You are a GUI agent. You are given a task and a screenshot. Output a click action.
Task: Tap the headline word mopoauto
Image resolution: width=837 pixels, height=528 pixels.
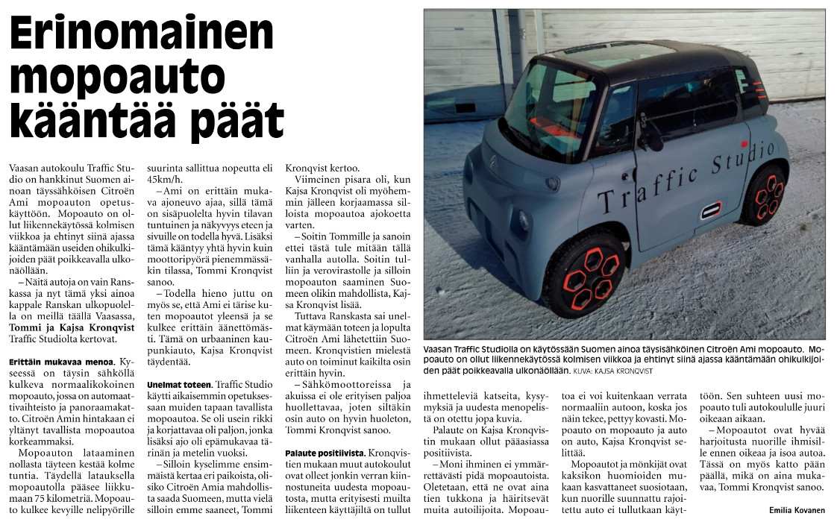117,78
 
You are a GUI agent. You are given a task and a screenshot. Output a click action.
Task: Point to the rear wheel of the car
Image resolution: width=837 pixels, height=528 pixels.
765,195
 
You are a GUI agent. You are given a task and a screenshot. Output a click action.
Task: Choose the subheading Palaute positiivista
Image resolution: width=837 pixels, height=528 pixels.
325,453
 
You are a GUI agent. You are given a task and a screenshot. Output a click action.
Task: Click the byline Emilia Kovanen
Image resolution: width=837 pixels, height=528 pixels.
797,510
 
